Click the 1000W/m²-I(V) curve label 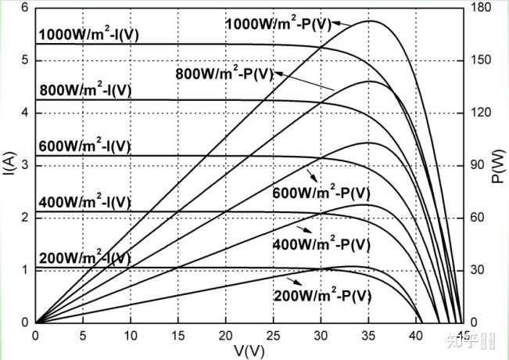[x=89, y=34]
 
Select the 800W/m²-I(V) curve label [x=86, y=90]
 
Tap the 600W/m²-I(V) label [x=84, y=146]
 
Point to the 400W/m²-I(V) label [x=84, y=203]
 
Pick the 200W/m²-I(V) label [x=85, y=258]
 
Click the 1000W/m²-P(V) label [x=278, y=24]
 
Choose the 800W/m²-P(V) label [x=224, y=74]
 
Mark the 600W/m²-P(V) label [x=321, y=193]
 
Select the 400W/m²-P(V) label [x=321, y=244]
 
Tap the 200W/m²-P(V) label [x=323, y=296]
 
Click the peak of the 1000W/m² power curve [x=370, y=21]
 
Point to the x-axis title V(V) [x=249, y=351]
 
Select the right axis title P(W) [x=497, y=166]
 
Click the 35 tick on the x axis [x=368, y=336]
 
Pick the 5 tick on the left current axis [x=24, y=60]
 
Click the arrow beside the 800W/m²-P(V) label [x=304, y=81]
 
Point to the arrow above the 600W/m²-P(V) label [x=312, y=175]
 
